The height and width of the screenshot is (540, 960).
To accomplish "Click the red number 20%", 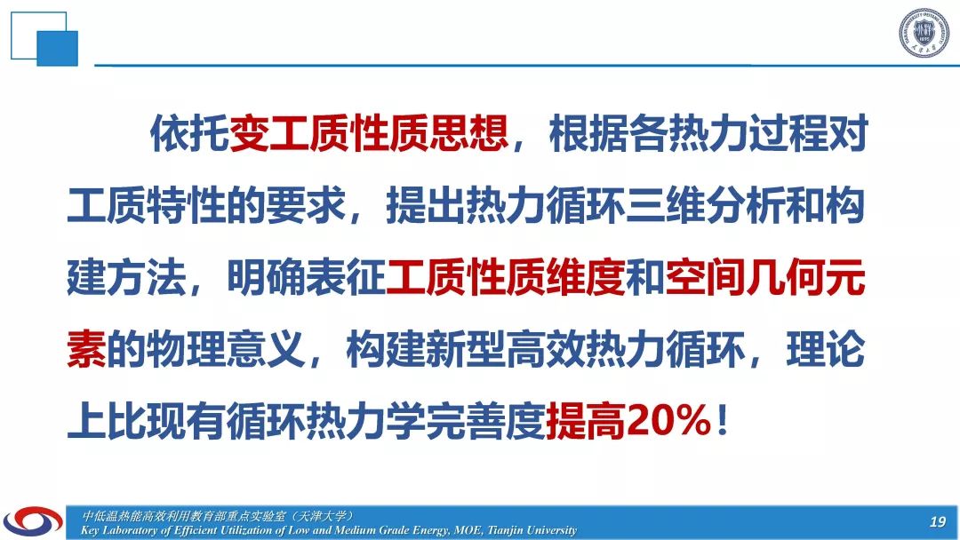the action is click(668, 420).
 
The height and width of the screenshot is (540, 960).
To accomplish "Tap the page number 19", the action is click(938, 521).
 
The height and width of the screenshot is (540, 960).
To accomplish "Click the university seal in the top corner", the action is click(924, 33).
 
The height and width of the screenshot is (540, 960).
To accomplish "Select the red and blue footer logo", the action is click(33, 521).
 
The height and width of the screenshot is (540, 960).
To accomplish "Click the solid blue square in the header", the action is click(58, 48).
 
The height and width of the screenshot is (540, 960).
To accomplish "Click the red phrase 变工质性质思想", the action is click(369, 133).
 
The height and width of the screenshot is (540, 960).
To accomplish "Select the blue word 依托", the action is click(190, 133).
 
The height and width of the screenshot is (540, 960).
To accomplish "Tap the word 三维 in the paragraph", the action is click(666, 205).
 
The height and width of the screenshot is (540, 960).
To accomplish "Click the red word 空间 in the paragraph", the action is click(705, 277).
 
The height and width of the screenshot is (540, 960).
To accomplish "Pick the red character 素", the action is click(86, 349).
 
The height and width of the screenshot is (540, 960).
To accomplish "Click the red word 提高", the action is click(586, 421).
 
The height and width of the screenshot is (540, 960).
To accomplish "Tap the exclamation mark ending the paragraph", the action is click(723, 421).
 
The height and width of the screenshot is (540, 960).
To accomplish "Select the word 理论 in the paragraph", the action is click(826, 349).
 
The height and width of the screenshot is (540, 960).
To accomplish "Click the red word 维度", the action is click(586, 277).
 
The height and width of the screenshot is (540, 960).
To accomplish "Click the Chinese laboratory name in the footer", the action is click(218, 515).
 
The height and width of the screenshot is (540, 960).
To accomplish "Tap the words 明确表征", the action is click(306, 277).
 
